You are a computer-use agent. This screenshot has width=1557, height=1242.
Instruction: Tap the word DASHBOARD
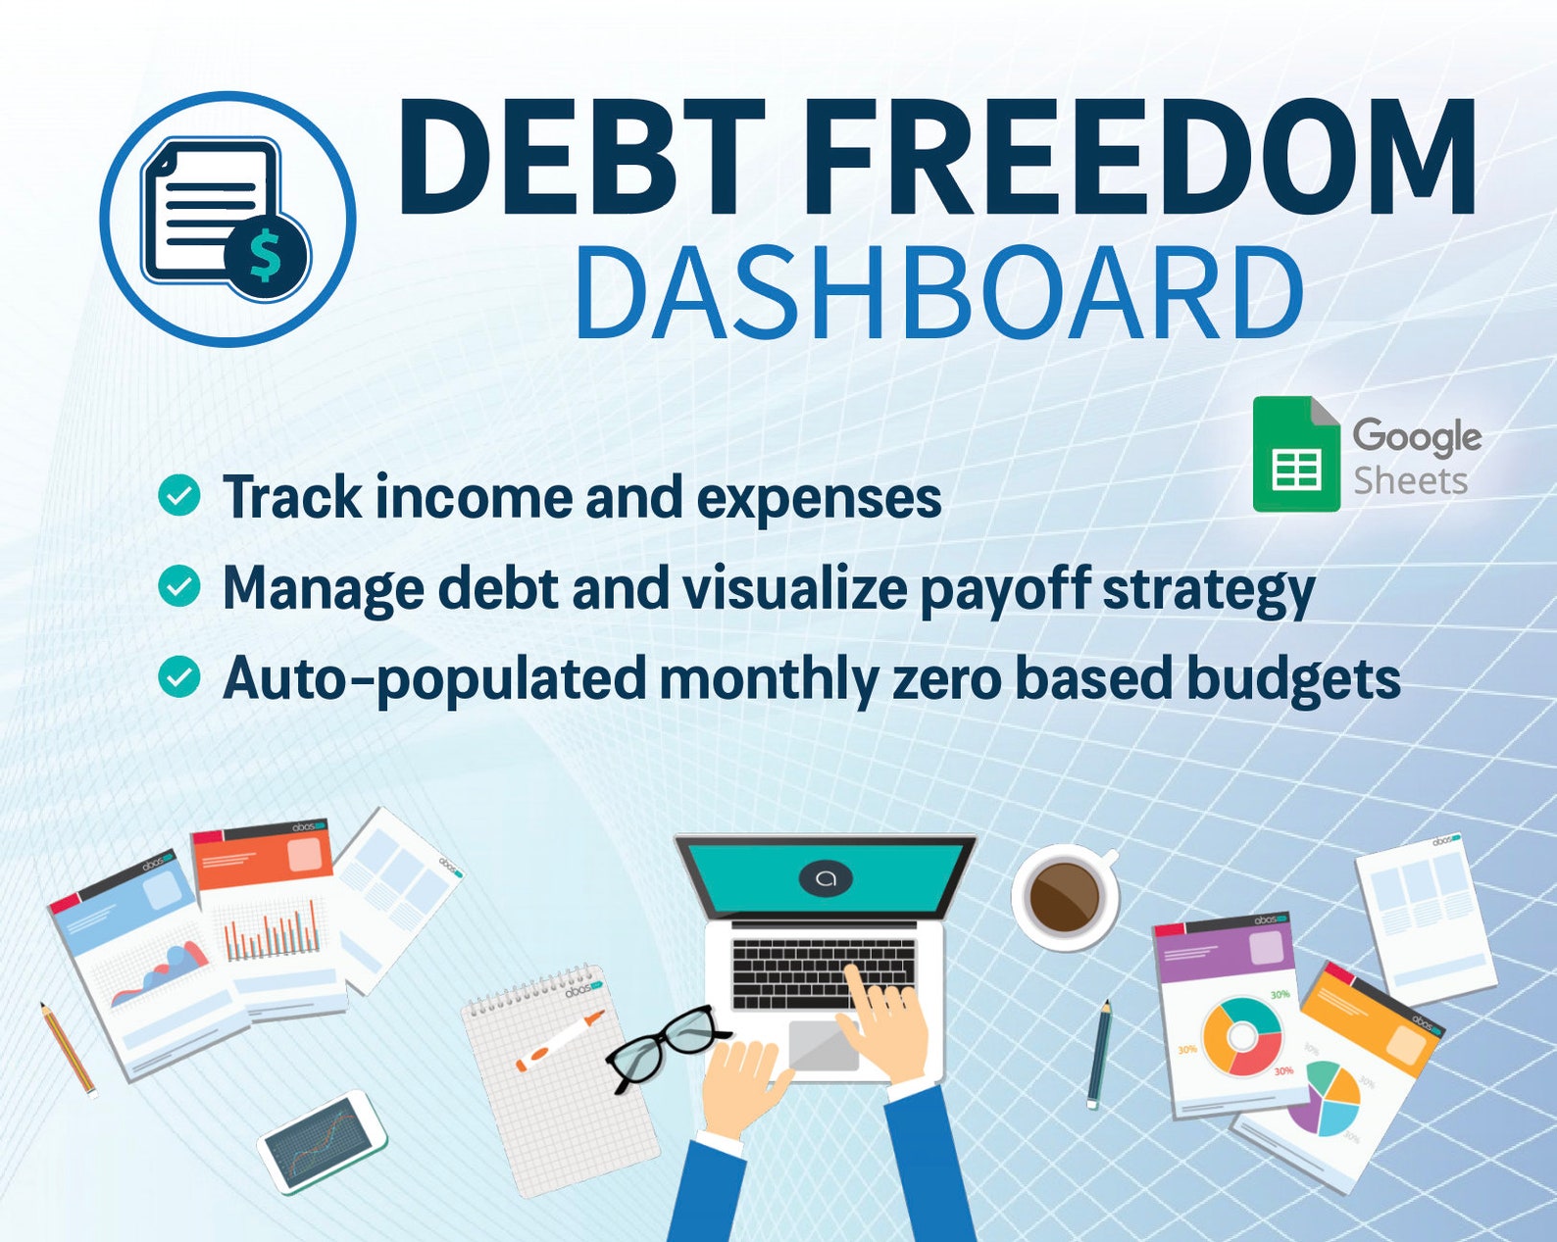click(x=938, y=294)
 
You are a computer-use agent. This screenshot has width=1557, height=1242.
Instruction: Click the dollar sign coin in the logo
click(x=266, y=255)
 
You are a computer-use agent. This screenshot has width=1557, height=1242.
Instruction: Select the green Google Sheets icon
click(x=1296, y=454)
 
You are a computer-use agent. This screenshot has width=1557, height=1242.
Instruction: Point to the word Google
click(x=1417, y=436)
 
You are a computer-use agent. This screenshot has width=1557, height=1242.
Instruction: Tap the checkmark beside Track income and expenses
click(x=179, y=496)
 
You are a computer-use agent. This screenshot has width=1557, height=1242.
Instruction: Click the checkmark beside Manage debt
click(x=179, y=586)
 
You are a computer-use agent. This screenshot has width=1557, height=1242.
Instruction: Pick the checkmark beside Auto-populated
click(x=179, y=677)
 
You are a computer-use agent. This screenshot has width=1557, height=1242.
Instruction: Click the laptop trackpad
click(x=824, y=1045)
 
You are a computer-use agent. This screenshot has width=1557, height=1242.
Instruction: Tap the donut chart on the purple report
click(x=1241, y=1036)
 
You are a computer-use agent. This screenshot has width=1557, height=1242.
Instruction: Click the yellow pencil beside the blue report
click(x=68, y=1048)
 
